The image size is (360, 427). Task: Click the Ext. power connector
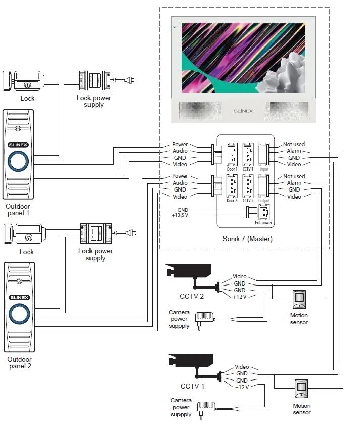263,212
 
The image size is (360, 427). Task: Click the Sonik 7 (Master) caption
247,239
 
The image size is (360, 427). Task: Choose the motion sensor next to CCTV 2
299,300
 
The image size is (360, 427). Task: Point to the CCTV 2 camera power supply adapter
206,318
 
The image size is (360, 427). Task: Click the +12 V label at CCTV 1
242,387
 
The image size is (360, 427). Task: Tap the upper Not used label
294,144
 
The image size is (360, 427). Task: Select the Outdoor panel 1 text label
18,209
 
